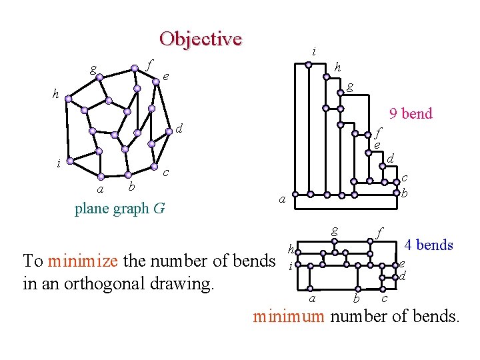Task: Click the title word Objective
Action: coord(200,39)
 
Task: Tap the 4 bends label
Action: coord(429,245)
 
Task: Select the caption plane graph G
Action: coord(120,209)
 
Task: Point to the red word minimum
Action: coord(288,316)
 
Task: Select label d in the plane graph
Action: coord(179,127)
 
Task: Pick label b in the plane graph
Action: coord(132,185)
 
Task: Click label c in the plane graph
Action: coord(165,173)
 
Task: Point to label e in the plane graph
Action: coord(165,77)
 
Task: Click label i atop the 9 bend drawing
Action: coord(313,51)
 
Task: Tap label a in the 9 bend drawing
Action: coord(282,199)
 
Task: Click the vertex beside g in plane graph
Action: coord(99,77)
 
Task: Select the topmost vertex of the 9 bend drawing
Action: coord(309,65)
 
